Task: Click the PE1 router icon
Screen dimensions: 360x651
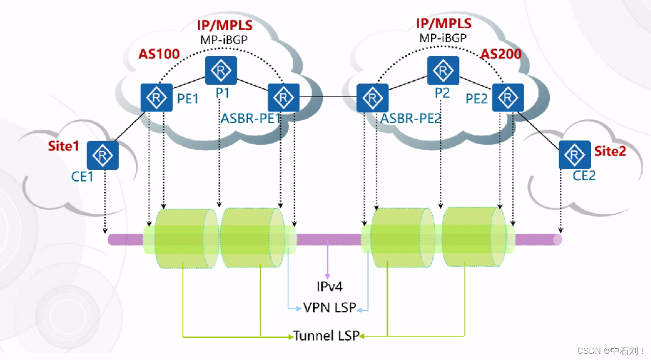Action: [156, 97]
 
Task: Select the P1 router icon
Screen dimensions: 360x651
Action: [221, 71]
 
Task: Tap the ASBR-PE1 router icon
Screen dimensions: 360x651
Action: [284, 97]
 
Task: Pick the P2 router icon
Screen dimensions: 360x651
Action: [443, 71]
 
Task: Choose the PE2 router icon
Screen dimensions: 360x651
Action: [508, 97]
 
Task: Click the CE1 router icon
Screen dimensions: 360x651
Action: [103, 155]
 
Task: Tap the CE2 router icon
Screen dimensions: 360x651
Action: [575, 155]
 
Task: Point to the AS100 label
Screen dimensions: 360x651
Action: [158, 54]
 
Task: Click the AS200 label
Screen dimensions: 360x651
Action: [501, 54]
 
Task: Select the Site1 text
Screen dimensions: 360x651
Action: [64, 146]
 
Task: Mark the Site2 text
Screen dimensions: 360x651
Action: [610, 151]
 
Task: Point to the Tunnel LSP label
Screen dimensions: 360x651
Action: [326, 336]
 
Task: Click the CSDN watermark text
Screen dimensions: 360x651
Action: [611, 351]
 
